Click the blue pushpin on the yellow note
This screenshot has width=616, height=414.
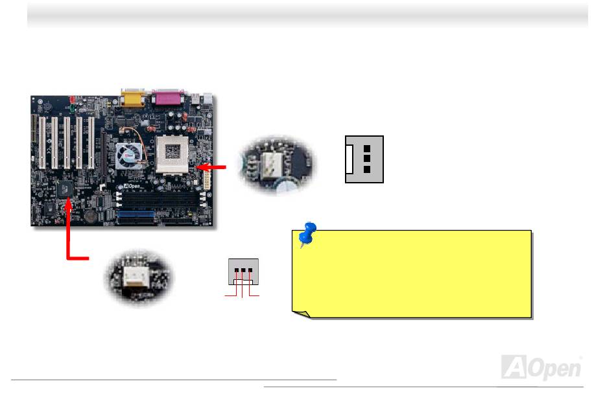click(307, 234)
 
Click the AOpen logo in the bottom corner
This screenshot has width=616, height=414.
click(541, 367)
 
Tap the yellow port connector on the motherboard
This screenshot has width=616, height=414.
click(132, 99)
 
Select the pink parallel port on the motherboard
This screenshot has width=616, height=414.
click(170, 98)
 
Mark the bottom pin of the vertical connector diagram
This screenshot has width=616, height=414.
click(367, 168)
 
